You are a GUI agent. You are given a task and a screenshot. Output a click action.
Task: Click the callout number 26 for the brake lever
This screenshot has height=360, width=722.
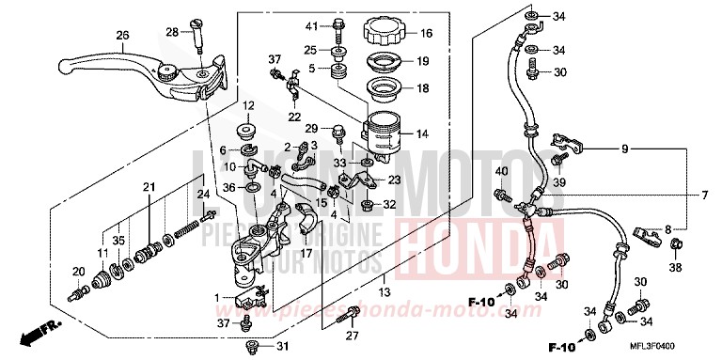coord(121,36)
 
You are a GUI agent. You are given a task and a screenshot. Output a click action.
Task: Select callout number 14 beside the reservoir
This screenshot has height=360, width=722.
coord(423,134)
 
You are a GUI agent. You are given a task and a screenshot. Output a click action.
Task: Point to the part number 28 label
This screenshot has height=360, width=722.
coord(172,32)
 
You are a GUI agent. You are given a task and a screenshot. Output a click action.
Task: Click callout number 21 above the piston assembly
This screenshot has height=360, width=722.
coord(148,189)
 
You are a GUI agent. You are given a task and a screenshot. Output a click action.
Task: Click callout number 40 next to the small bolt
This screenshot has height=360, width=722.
coord(501,171)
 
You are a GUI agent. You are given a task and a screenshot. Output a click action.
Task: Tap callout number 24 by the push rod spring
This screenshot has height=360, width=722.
coord(202,195)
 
